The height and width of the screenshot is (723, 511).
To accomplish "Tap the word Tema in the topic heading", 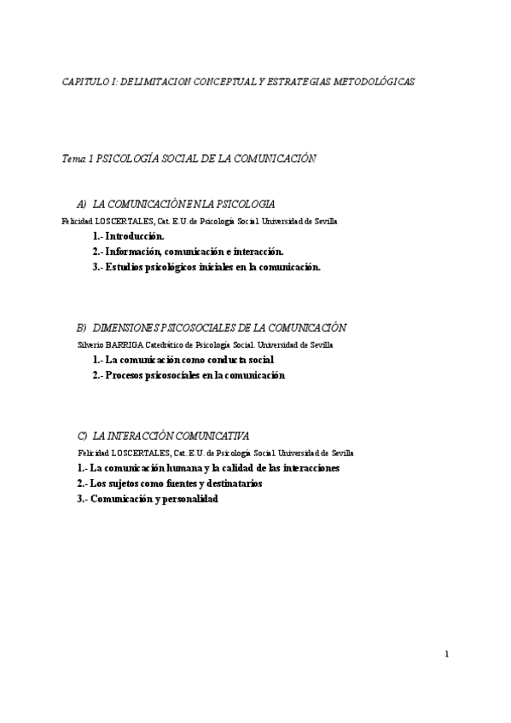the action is tap(74, 159).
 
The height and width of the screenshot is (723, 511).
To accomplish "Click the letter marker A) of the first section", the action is tap(82, 205).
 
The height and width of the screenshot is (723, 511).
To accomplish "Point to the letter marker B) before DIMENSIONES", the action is tap(82, 327).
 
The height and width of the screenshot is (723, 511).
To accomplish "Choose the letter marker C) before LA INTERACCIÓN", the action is tap(82, 435).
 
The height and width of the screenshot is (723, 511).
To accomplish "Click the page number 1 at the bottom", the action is tap(447, 654).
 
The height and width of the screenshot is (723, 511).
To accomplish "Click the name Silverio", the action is tap(91, 345).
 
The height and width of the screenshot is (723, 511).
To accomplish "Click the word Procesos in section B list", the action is tap(129, 375).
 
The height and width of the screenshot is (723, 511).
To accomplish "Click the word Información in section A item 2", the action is tap(135, 252).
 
